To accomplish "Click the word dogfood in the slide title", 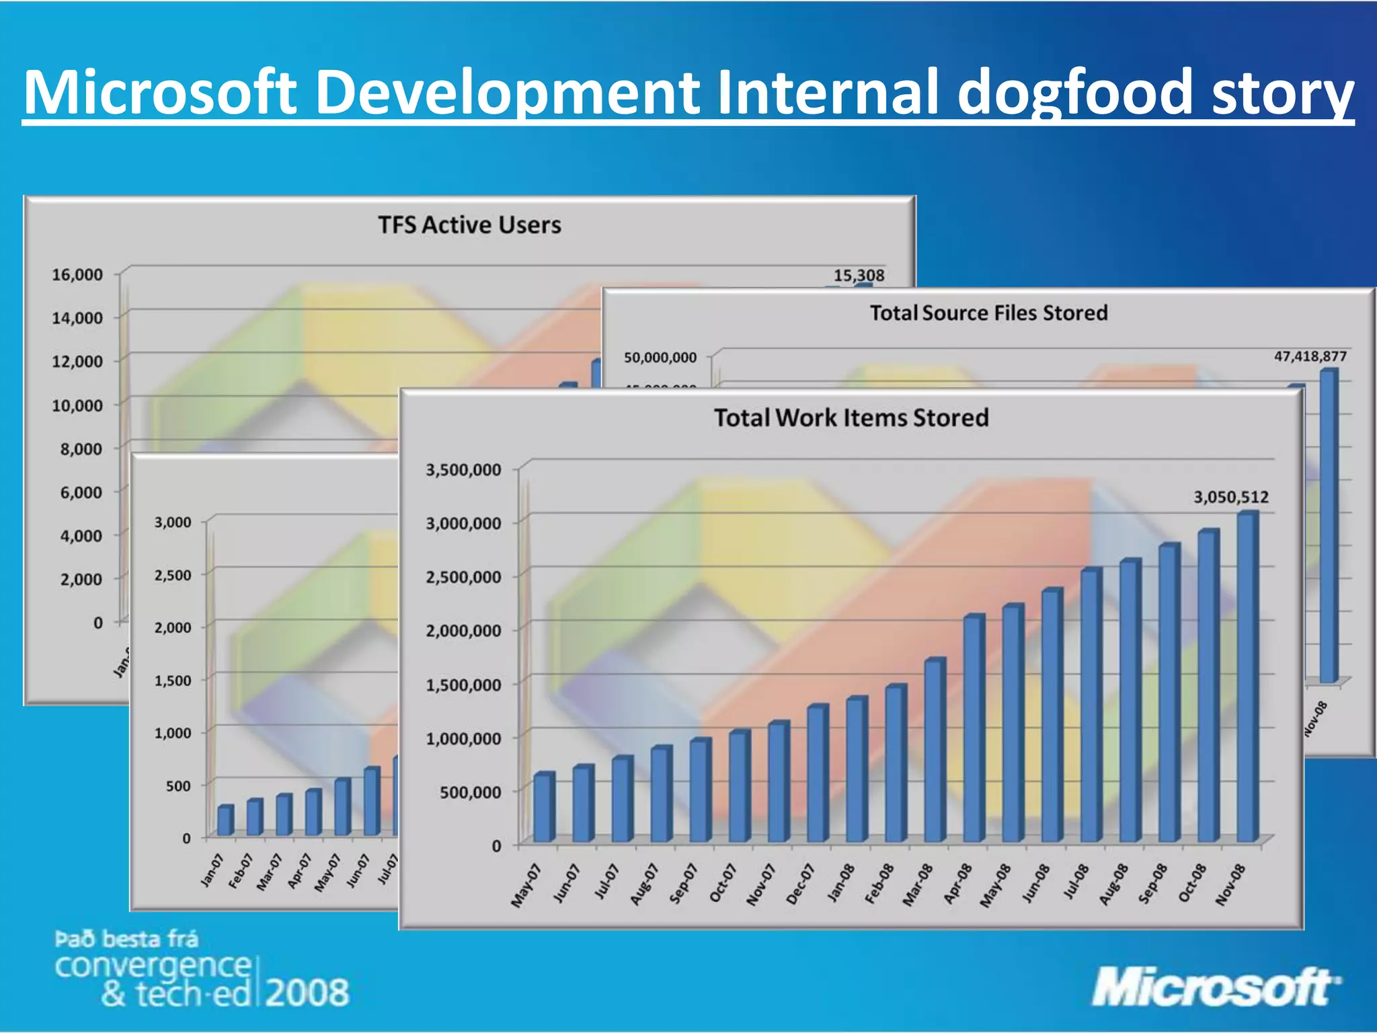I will [x=1074, y=93].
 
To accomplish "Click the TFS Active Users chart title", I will [x=469, y=225].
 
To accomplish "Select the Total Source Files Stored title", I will [x=988, y=313].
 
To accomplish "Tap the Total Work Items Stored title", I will [x=851, y=418].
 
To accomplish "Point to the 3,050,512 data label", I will [x=1230, y=497].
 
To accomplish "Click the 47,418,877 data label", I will [x=1310, y=356].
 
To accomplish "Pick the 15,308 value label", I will [x=859, y=275].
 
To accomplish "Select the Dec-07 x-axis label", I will [x=799, y=884].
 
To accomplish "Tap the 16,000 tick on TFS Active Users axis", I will [x=77, y=274].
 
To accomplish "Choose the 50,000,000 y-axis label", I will [x=660, y=357].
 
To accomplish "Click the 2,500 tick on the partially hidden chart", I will [x=173, y=575].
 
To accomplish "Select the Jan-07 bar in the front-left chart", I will [x=225, y=820].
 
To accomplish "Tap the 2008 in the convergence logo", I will [x=307, y=993].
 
